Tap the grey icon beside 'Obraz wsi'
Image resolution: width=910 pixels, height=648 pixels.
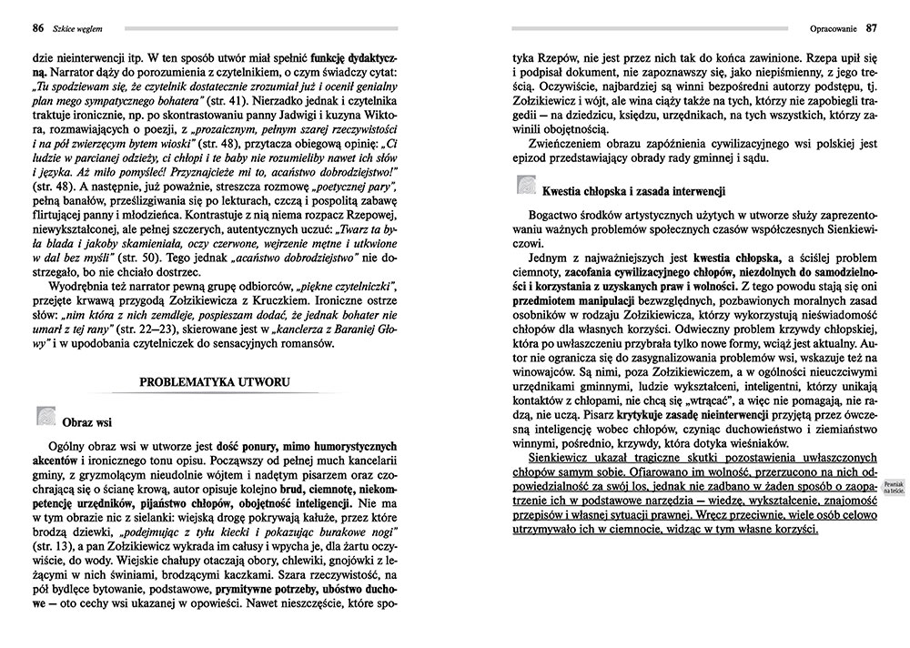tap(45, 418)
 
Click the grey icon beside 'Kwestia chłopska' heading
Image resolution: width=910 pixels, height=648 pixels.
tap(527, 188)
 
